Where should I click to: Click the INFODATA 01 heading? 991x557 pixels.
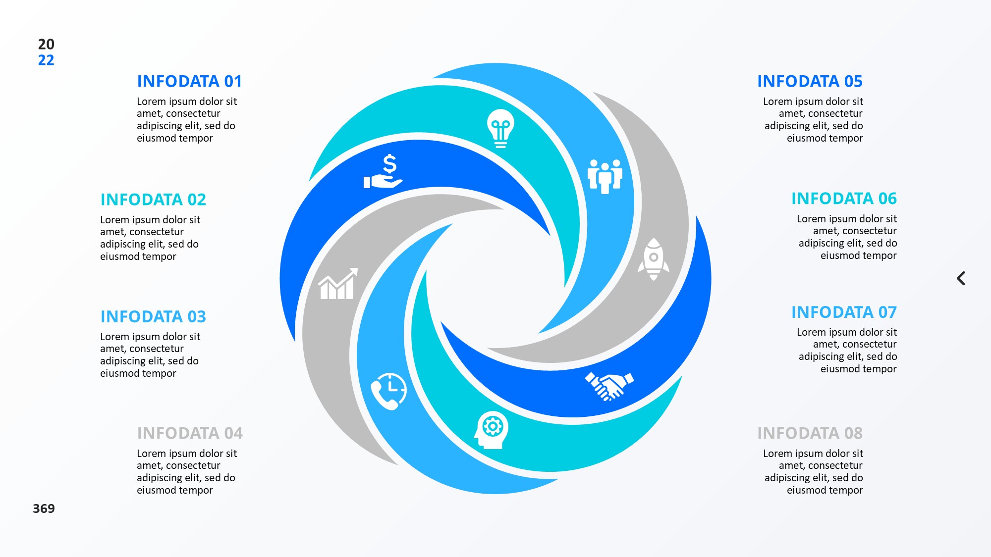point(189,81)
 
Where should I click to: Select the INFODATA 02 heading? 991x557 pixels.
point(153,200)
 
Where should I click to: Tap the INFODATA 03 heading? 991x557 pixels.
point(153,316)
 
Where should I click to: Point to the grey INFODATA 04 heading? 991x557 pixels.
point(190,433)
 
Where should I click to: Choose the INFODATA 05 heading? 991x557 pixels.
point(810,81)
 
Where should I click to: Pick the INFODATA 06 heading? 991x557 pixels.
point(844,199)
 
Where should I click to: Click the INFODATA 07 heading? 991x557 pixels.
point(844,312)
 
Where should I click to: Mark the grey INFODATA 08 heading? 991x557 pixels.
point(810,433)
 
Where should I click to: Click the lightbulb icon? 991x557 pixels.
point(500,128)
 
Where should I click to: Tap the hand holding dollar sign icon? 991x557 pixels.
point(383,171)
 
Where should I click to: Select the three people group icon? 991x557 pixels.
point(605,176)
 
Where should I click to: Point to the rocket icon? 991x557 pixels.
point(654,259)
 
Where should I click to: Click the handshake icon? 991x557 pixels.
point(609,386)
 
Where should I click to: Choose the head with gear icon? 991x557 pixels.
point(491,430)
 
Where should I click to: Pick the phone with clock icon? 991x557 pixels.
point(389,391)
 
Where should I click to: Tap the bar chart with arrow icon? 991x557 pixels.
point(338,284)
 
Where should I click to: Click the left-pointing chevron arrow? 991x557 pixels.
point(961,278)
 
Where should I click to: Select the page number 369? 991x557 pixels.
point(44,508)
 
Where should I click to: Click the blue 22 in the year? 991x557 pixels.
point(46,60)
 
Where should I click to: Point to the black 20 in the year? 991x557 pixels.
point(46,44)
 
